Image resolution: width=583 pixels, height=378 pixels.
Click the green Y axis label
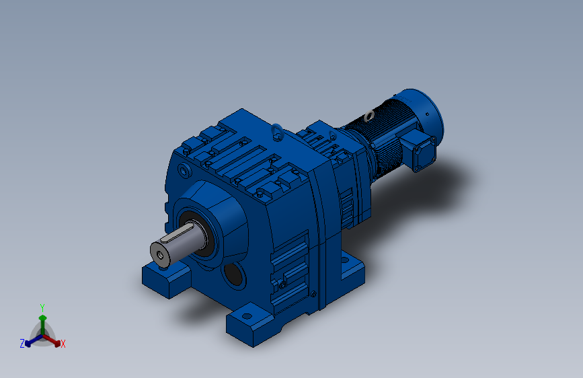tap(42, 308)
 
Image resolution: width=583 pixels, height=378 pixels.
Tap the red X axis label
tap(63, 344)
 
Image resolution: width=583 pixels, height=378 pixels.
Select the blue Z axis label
tap(22, 344)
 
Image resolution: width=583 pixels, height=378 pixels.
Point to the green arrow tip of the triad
tap(43, 317)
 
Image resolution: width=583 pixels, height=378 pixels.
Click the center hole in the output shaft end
tap(160, 255)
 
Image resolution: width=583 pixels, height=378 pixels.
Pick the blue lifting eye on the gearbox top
tap(277, 131)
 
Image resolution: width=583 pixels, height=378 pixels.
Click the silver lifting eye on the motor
tap(369, 116)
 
